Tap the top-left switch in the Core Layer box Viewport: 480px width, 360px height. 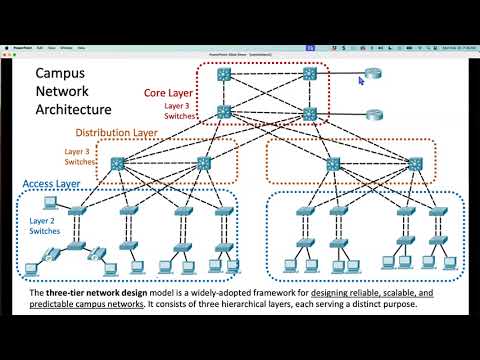pos(225,74)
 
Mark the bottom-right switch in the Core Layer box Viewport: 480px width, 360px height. pos(309,113)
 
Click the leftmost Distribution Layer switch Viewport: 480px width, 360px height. pos(120,162)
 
